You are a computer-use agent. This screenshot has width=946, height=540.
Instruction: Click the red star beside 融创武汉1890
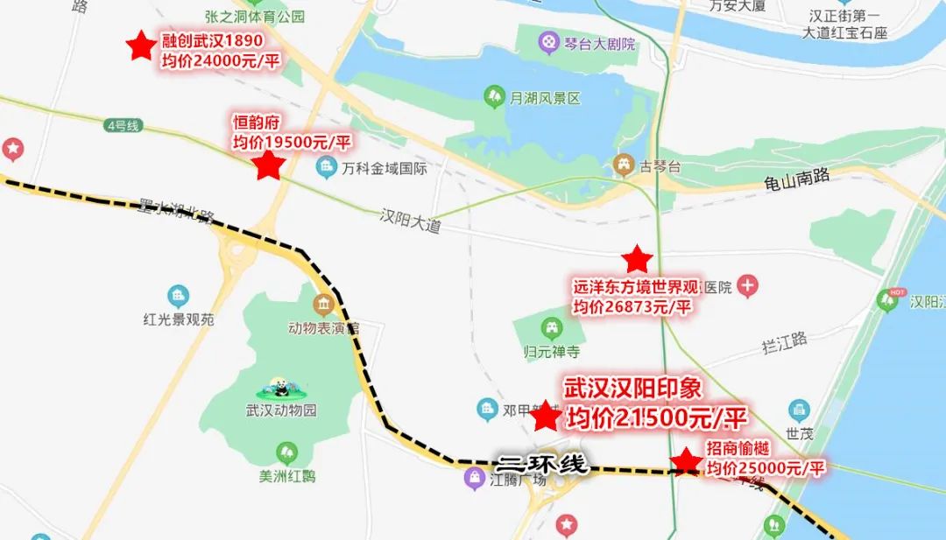[140, 46]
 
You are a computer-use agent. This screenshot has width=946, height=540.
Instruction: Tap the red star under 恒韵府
[269, 165]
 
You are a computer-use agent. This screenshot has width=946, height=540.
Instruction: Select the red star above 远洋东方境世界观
[637, 259]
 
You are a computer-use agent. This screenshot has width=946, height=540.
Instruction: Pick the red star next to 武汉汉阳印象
[546, 417]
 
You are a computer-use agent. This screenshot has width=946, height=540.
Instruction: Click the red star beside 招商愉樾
[685, 461]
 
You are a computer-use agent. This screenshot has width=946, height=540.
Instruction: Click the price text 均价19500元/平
[292, 142]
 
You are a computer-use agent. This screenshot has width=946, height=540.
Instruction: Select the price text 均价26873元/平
[632, 306]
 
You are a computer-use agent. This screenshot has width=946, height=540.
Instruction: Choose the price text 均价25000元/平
[766, 468]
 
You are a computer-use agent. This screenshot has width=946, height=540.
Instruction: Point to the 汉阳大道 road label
[411, 221]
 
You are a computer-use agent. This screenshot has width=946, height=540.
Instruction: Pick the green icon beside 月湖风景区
[494, 95]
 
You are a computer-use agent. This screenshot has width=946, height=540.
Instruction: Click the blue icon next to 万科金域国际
[327, 165]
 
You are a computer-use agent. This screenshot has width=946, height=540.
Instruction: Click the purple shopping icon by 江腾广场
[475, 478]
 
